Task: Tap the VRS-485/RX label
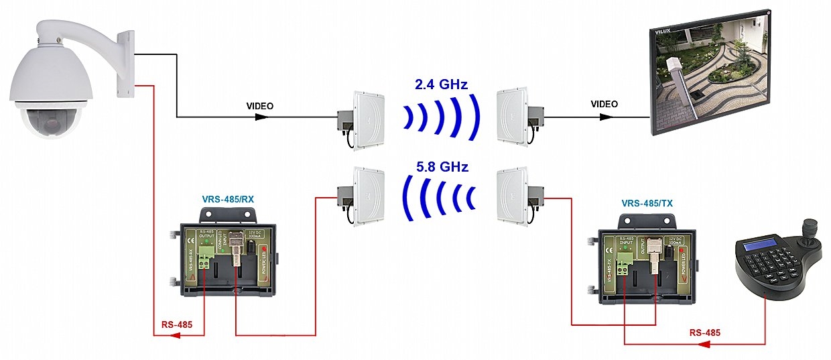(x=230, y=200)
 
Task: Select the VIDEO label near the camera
(x=260, y=106)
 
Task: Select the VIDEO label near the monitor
(x=604, y=104)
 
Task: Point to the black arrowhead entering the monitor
(x=605, y=116)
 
